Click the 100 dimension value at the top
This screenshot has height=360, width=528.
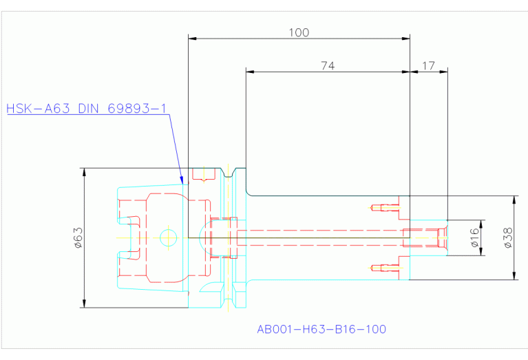coord(299,32)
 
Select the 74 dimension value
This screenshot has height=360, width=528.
coord(328,65)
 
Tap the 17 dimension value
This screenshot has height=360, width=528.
coord(428,65)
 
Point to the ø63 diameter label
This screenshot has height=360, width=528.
coord(78,237)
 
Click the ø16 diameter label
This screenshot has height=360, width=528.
coord(474,237)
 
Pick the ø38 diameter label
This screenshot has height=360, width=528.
coord(508,237)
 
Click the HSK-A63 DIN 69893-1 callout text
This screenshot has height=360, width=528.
coord(87,109)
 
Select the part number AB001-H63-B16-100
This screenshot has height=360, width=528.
coord(321,329)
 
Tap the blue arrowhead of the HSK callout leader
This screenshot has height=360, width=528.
coord(182,180)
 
